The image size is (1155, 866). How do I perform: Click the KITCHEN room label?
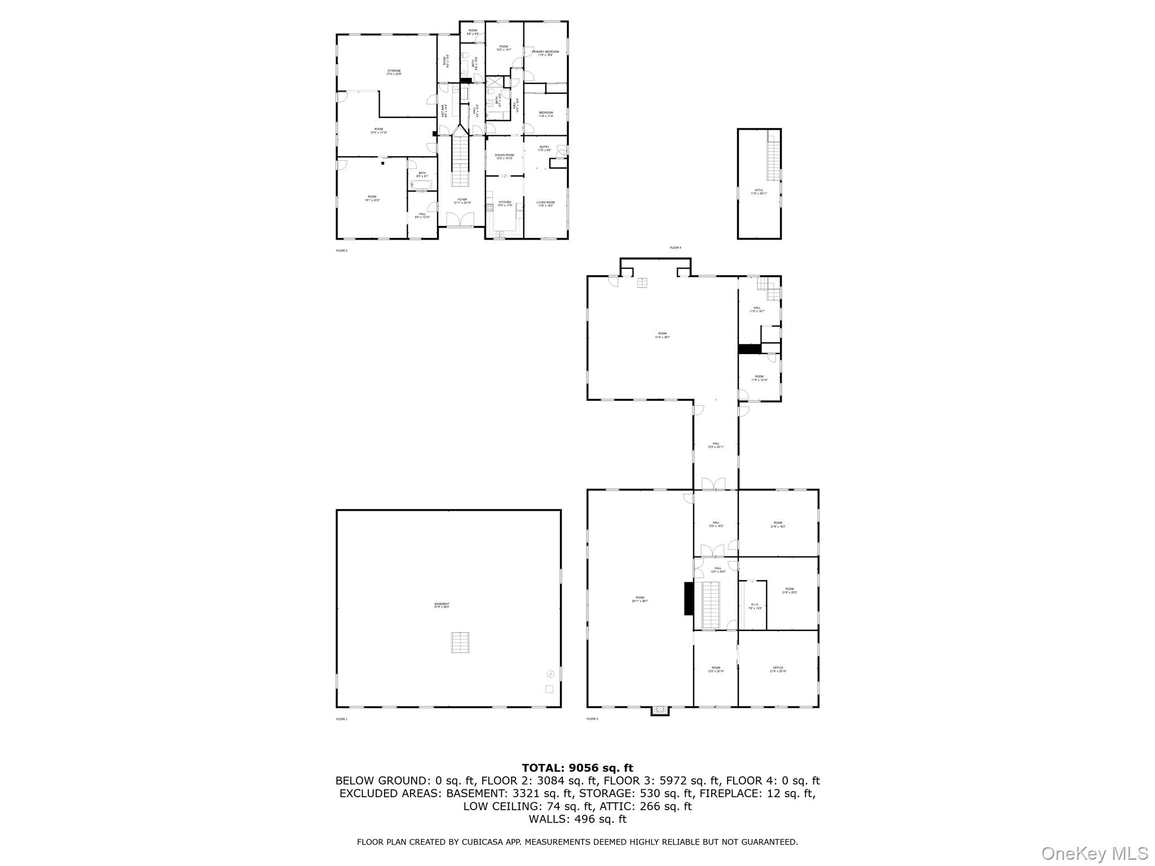pyautogui.click(x=505, y=202)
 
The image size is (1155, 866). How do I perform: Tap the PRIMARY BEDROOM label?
pyautogui.click(x=545, y=52)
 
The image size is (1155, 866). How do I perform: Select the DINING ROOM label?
pyautogui.click(x=505, y=155)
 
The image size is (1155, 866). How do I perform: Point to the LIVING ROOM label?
pyautogui.click(x=545, y=202)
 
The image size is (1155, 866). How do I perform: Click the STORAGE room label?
pyautogui.click(x=394, y=71)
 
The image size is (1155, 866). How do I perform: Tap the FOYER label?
pyautogui.click(x=462, y=200)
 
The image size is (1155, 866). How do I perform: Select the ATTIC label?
pyautogui.click(x=759, y=191)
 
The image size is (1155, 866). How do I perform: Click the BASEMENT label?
pyautogui.click(x=442, y=604)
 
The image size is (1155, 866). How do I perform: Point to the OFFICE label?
pyautogui.click(x=778, y=668)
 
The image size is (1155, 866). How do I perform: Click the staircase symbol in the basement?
pyautogui.click(x=460, y=642)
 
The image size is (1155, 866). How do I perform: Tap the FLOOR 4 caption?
pyautogui.click(x=675, y=248)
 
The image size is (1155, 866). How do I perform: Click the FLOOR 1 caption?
pyautogui.click(x=342, y=719)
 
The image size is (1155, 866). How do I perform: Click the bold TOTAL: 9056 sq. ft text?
pyautogui.click(x=577, y=768)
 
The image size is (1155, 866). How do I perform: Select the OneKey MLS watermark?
pyautogui.click(x=1094, y=854)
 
